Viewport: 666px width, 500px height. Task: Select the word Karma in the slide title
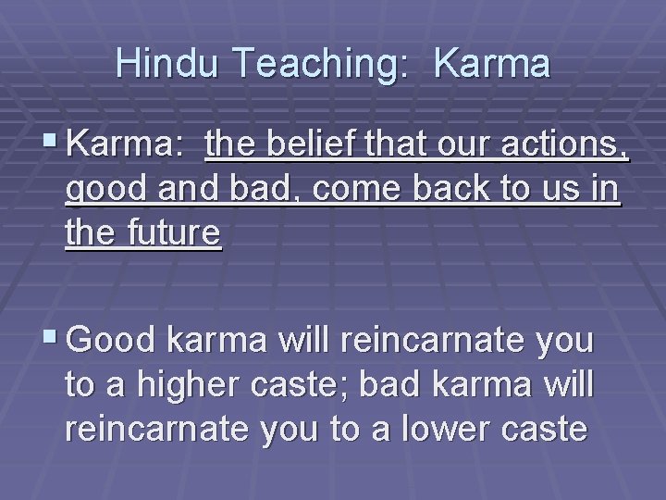click(492, 64)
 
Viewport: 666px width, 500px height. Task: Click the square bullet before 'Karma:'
click(50, 143)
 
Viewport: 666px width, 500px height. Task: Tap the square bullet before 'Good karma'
click(50, 339)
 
